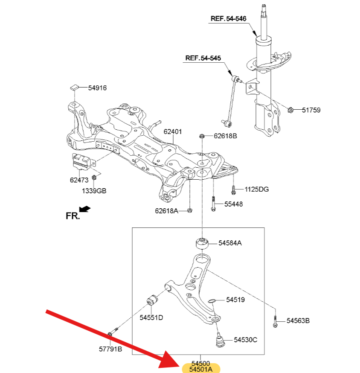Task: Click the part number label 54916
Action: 97,88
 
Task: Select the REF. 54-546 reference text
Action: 229,18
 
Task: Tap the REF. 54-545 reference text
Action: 203,58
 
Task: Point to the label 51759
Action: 311,110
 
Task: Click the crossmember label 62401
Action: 173,131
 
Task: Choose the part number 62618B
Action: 225,136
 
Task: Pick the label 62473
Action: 79,180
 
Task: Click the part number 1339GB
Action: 94,191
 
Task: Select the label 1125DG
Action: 257,189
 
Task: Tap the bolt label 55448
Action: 233,204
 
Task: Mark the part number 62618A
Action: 166,211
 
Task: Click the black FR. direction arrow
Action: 84,209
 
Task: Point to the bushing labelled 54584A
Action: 202,243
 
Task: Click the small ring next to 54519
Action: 212,301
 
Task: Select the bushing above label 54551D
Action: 152,300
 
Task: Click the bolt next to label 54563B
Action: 275,321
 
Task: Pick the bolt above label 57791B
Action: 113,332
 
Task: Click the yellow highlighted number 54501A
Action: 201,369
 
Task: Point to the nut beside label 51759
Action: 290,110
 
